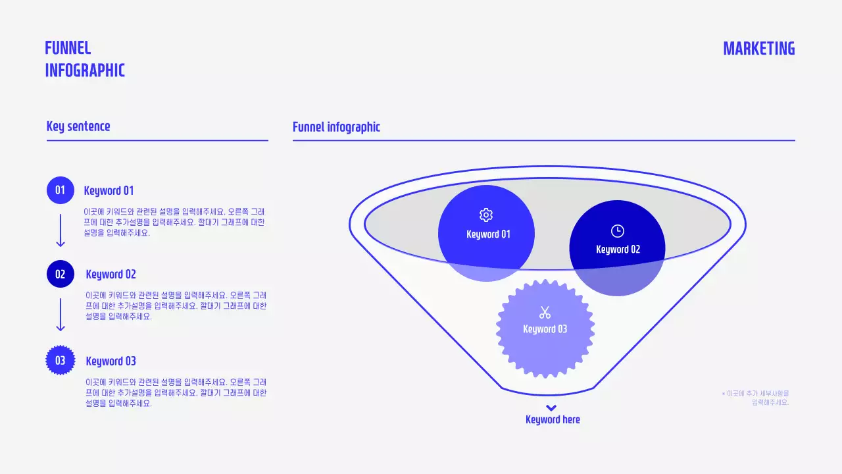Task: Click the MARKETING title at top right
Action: point(759,49)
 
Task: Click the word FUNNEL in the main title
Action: point(68,48)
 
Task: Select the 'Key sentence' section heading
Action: point(78,126)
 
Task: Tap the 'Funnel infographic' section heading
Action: point(336,127)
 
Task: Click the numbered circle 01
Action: point(60,190)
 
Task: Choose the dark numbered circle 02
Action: point(60,274)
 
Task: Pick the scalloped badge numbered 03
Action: point(60,360)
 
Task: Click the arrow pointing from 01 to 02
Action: point(61,230)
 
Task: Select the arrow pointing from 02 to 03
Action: point(61,315)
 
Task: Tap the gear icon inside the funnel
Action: point(486,215)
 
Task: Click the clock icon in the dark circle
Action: point(617,231)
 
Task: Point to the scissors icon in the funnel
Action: point(545,312)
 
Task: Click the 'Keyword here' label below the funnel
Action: point(553,419)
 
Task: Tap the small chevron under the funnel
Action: point(551,408)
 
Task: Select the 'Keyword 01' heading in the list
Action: point(109,191)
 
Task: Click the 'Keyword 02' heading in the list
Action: point(111,275)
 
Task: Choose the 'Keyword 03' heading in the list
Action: point(111,361)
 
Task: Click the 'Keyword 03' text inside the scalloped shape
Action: point(545,329)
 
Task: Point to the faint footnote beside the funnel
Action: point(755,398)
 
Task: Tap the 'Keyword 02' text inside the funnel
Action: point(618,250)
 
